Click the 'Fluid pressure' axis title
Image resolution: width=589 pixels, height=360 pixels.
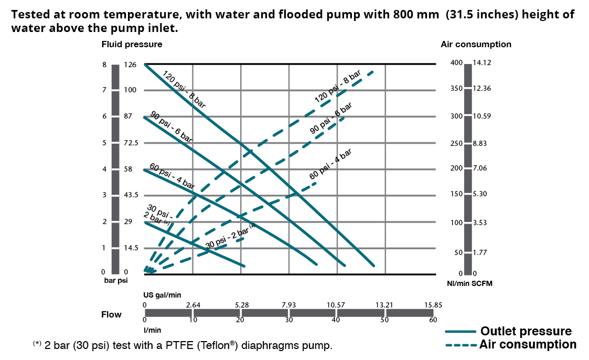[132, 45]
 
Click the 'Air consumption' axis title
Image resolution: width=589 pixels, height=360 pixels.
[476, 45]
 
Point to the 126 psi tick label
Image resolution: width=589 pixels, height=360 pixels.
[130, 65]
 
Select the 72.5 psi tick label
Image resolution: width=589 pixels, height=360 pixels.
[131, 143]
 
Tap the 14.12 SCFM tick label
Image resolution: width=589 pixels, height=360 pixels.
[481, 63]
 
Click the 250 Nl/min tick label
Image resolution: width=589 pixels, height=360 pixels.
[456, 143]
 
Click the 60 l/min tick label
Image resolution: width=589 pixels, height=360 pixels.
[432, 320]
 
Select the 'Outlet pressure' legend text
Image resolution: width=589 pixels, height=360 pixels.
[526, 331]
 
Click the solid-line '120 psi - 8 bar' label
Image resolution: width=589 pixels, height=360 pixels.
[184, 89]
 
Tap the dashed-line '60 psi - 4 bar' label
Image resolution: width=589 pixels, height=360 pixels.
[330, 164]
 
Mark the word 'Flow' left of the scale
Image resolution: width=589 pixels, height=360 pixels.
[111, 315]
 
